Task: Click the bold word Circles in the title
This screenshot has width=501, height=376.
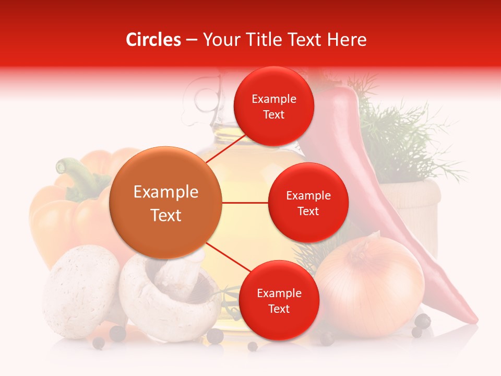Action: coord(153,40)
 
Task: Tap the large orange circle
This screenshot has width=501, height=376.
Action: coord(166,203)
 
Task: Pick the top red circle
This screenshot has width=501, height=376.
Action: coord(273,107)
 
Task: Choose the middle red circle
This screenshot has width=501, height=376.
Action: coord(308,203)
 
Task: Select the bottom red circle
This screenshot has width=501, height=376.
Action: coord(279,300)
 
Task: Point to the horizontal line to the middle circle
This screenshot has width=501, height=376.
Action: coord(245,203)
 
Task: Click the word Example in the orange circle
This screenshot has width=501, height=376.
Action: coord(166,192)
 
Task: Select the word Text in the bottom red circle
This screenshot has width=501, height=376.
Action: coord(279,309)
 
